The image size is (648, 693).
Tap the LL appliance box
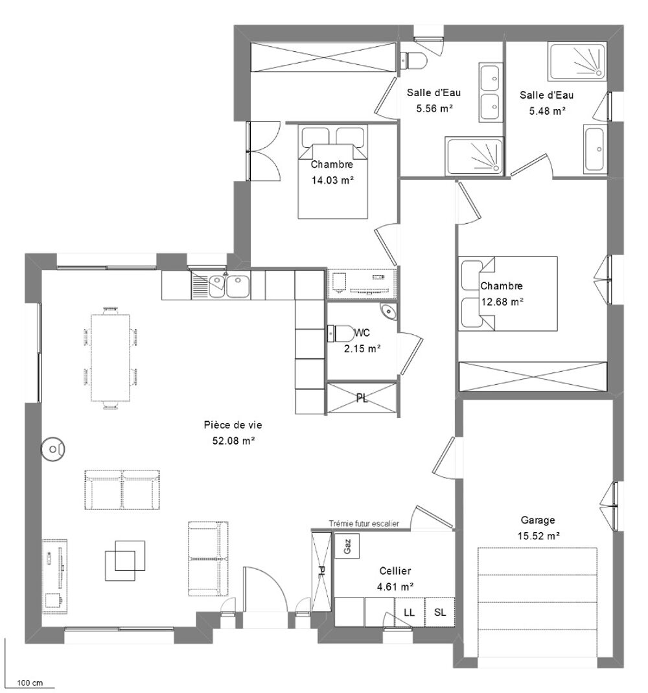click(409, 613)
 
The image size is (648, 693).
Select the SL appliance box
click(439, 613)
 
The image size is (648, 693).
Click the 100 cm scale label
click(30, 683)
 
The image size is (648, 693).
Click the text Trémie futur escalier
click(364, 524)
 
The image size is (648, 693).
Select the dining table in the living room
click(110, 356)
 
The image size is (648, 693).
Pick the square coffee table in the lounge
click(121, 560)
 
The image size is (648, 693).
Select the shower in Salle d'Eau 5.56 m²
click(474, 156)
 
